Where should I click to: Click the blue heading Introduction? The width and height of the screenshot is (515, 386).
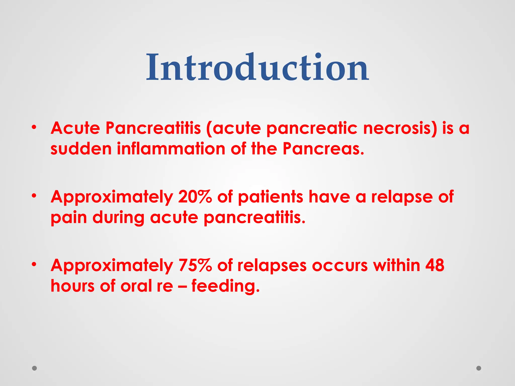click(257, 67)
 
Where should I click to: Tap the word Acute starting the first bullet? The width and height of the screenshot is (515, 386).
click(75, 128)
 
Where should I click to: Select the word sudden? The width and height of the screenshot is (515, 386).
click(81, 149)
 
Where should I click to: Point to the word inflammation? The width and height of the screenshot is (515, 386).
click(171, 149)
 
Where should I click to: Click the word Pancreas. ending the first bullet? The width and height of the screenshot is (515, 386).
click(323, 149)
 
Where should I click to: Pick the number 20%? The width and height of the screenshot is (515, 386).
click(195, 197)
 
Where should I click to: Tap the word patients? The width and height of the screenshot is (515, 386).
click(270, 197)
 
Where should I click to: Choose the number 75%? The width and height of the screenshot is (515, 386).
click(195, 265)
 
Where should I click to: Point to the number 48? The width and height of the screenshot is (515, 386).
click(435, 265)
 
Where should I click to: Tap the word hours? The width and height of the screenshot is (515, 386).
click(72, 286)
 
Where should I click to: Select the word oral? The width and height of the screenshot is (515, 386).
click(136, 286)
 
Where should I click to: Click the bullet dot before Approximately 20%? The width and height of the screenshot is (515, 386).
click(34, 196)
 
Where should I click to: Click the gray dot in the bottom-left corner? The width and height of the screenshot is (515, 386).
click(34, 368)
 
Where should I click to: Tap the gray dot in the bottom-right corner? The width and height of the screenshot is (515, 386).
click(479, 368)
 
